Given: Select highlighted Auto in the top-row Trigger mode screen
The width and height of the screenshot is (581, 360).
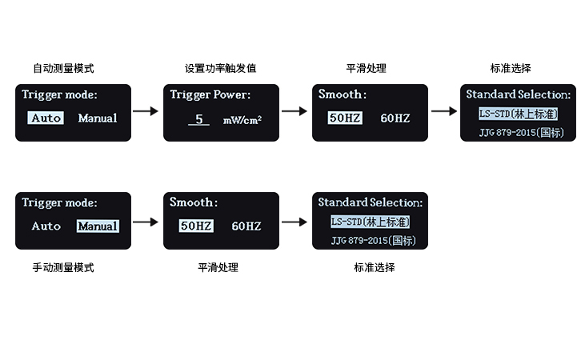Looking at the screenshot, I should [46, 118].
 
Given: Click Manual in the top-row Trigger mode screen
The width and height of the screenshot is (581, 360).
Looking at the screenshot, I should [97, 118].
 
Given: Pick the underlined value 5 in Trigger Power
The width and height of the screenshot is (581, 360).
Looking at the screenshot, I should [199, 119].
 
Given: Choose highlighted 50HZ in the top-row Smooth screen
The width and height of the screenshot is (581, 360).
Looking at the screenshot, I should [345, 118].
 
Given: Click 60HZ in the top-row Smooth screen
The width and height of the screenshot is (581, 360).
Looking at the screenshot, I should [395, 118].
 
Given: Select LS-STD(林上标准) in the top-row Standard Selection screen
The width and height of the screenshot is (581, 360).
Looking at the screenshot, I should [518, 114].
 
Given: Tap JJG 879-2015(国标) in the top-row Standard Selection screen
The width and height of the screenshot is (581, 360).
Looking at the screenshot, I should [518, 132].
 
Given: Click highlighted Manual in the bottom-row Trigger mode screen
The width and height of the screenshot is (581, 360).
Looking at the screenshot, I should [98, 226].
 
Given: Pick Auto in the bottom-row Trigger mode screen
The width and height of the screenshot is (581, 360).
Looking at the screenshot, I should [46, 226].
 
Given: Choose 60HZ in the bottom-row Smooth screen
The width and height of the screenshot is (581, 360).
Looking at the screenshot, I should [246, 226].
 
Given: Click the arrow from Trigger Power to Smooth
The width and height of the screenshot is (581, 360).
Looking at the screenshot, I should [295, 111].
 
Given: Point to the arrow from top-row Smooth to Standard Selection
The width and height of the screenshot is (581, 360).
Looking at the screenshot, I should [443, 111].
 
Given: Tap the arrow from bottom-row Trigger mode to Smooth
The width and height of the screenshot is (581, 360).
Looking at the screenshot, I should [146, 220].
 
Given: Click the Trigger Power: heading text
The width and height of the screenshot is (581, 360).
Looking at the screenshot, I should [210, 94].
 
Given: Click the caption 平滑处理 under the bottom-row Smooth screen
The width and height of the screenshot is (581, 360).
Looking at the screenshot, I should [218, 267].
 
